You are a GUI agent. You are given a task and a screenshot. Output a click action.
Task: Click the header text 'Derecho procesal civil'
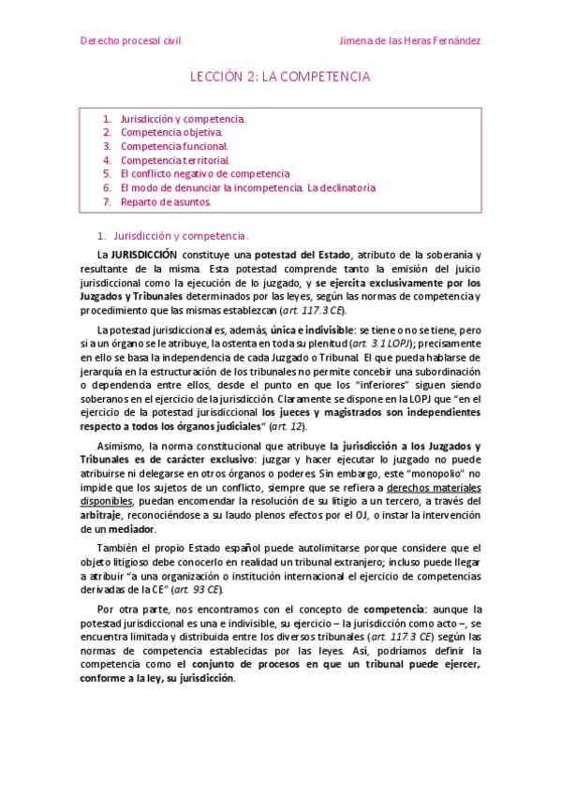pos(130,41)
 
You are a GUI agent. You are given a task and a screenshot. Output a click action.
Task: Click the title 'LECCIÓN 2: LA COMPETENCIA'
pos(281,76)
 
